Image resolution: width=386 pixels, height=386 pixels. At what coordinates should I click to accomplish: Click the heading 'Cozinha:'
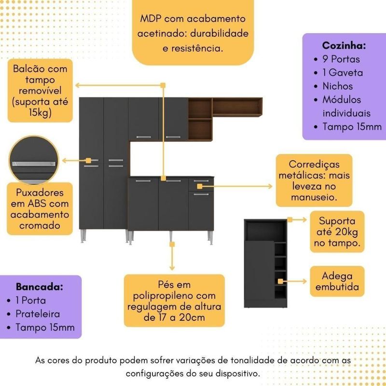tap(344, 46)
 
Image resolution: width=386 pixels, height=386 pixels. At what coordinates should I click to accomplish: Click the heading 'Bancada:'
tap(40, 287)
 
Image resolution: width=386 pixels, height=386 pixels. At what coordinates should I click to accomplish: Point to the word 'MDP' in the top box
tap(151, 19)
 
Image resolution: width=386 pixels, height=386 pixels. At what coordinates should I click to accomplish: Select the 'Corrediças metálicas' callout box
tap(314, 180)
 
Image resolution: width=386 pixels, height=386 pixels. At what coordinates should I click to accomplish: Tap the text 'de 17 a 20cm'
tap(174, 317)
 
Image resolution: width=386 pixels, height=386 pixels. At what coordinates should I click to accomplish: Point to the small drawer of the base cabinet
tap(201, 184)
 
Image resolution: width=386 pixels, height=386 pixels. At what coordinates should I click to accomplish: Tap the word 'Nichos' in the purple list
tap(338, 86)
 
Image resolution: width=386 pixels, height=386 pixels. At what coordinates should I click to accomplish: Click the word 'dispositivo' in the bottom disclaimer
tap(234, 373)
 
